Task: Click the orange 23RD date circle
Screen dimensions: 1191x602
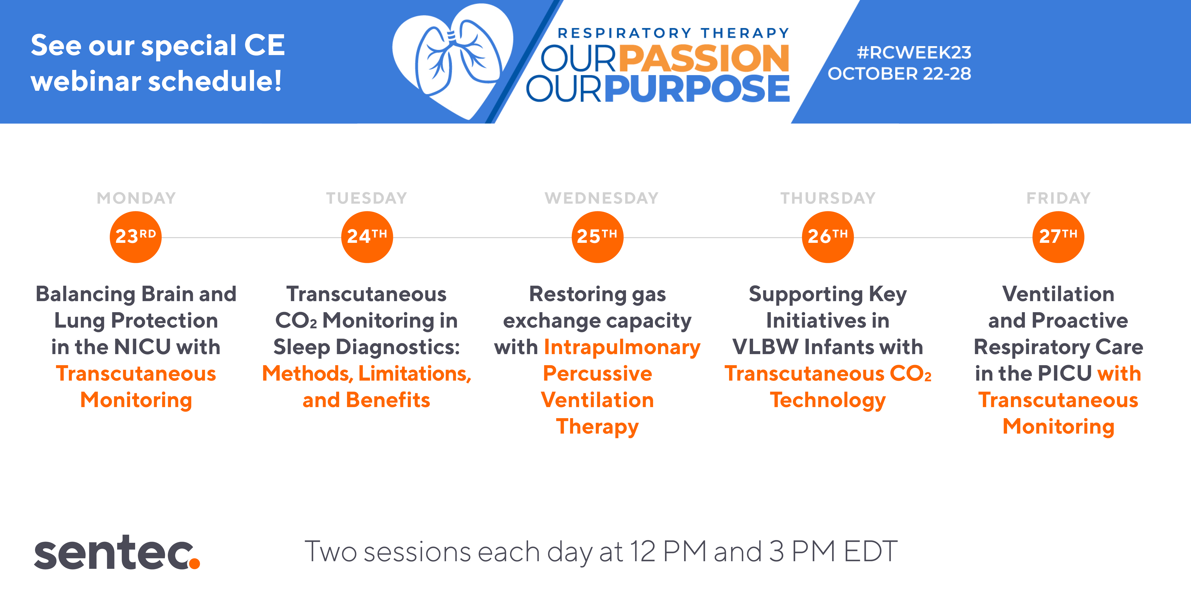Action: [x=136, y=237]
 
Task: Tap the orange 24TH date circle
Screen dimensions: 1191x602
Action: [x=367, y=237]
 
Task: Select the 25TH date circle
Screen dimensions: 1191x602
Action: [x=597, y=237]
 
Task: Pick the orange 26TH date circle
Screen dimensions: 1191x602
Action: [x=827, y=237]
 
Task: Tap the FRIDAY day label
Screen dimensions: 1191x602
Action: [x=1058, y=198]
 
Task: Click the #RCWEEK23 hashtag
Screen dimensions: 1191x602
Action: [x=914, y=53]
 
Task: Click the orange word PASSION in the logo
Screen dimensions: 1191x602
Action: [x=704, y=58]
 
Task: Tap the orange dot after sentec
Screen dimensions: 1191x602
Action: [x=195, y=563]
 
